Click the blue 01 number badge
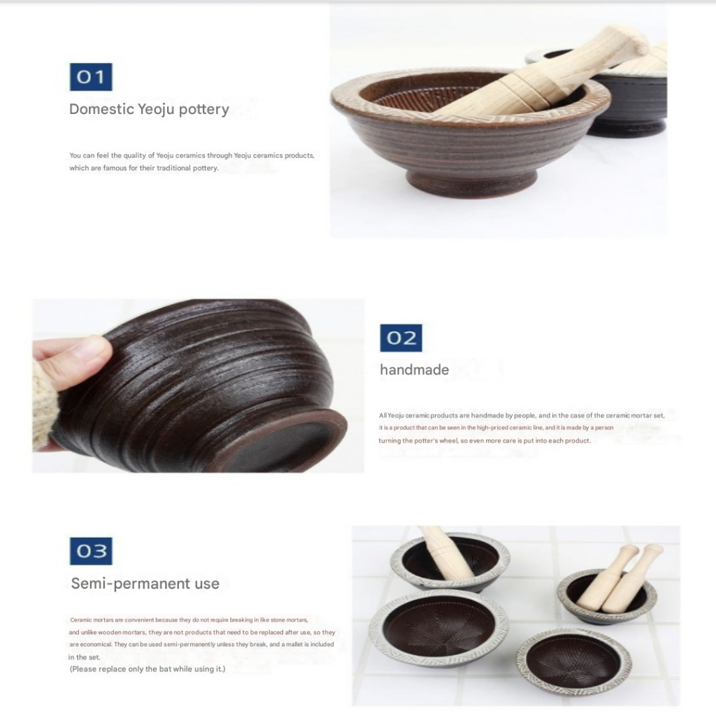click(91, 77)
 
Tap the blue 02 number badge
click(401, 338)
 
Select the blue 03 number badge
click(91, 551)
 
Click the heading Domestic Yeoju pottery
click(149, 109)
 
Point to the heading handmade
click(414, 369)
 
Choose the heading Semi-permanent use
click(145, 583)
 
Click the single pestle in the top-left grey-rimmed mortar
click(445, 552)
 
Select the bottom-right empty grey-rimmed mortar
click(573, 660)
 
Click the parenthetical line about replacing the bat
click(147, 669)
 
